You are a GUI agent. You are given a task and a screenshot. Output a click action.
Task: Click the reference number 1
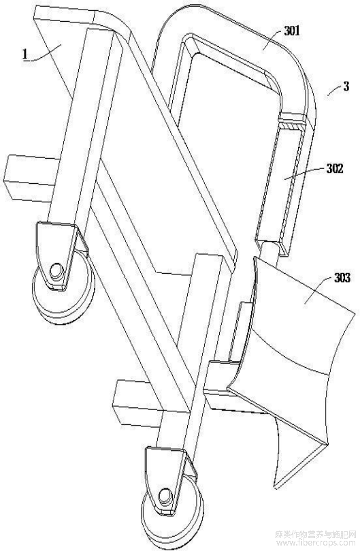[24, 54]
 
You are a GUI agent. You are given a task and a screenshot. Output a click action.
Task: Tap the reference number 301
[291, 31]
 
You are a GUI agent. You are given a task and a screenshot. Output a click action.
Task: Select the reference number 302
[334, 169]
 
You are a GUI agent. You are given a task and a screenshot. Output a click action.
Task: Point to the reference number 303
[342, 278]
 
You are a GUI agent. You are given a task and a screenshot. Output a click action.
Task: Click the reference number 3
[346, 86]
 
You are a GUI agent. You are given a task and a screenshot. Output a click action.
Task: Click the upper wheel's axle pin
[55, 272]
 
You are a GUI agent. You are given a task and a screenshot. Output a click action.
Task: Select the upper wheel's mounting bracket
[58, 253]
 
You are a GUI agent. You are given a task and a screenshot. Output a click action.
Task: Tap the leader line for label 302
[305, 173]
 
